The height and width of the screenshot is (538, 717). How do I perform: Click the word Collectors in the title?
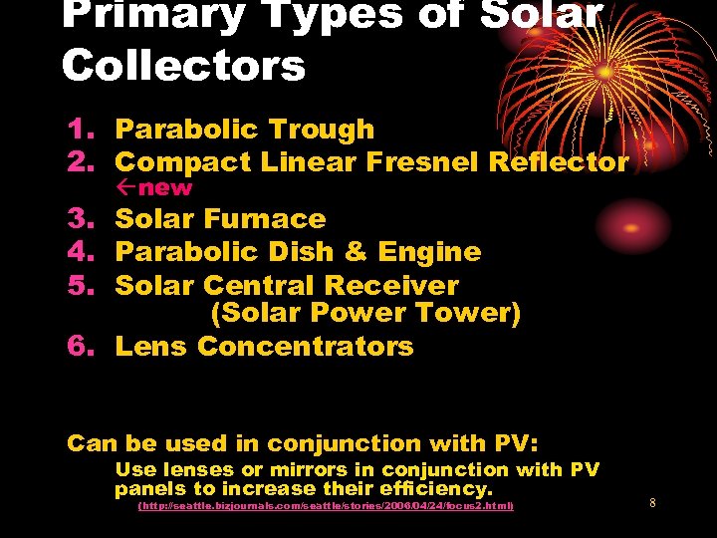(183, 66)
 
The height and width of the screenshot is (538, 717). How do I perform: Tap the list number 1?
(78, 130)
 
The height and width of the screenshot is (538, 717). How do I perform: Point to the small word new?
(165, 187)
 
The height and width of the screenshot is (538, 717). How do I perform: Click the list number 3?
(78, 219)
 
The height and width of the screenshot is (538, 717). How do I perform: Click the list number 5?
(78, 285)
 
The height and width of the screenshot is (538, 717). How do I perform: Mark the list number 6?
(78, 347)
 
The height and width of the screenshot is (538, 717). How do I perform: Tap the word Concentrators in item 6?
(305, 347)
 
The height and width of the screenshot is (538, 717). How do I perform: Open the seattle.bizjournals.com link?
(326, 507)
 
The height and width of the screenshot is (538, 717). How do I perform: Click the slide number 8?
(652, 503)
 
